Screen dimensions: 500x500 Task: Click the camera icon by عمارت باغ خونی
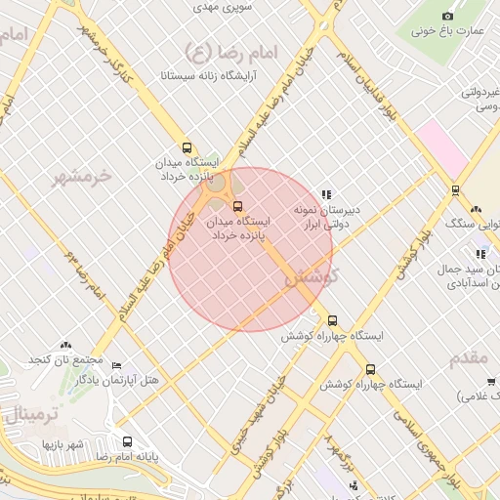tap(448, 16)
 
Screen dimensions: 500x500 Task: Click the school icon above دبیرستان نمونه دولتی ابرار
tap(327, 194)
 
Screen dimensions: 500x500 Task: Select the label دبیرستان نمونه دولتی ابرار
tap(328, 217)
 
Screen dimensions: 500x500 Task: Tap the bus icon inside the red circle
tap(237, 206)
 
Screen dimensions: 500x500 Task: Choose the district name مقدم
tap(470, 358)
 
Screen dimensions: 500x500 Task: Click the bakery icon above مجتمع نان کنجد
tap(65, 346)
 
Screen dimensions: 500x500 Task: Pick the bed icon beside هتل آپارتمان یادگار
tap(116, 365)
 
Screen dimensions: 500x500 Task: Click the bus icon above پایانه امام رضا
tap(126, 441)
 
